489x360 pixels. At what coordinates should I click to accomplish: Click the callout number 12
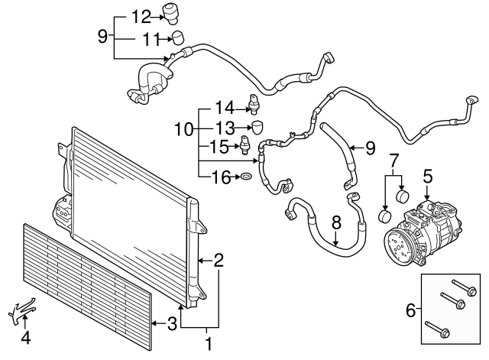point(141,16)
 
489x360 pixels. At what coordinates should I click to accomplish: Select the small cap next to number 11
point(177,37)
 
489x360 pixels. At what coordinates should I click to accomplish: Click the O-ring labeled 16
point(246,177)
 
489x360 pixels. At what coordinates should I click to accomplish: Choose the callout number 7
point(394,161)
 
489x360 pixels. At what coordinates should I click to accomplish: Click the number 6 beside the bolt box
point(410,310)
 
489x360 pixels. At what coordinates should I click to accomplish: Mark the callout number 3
point(172,323)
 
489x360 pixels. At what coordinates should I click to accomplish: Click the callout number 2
point(219,260)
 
